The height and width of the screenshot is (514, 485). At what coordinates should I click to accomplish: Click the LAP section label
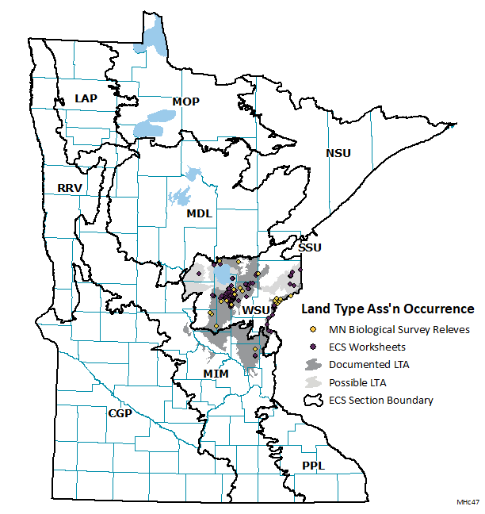click(86, 98)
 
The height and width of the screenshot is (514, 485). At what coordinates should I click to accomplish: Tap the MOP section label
click(185, 102)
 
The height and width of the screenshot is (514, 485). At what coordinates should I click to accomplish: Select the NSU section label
click(338, 153)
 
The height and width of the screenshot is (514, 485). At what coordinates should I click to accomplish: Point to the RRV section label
click(70, 188)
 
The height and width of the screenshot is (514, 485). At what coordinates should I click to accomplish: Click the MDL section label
click(199, 213)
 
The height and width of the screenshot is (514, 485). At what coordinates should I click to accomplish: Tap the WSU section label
click(256, 309)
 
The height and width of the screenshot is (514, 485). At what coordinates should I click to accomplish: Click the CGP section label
click(120, 413)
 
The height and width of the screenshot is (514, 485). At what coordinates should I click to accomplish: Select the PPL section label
click(313, 466)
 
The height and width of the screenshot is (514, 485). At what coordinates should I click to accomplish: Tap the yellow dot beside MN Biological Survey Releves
click(314, 329)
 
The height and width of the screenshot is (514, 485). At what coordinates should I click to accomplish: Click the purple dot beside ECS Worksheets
click(314, 347)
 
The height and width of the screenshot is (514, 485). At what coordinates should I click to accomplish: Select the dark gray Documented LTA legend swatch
click(314, 364)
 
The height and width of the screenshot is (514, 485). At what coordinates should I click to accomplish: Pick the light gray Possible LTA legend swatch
click(314, 382)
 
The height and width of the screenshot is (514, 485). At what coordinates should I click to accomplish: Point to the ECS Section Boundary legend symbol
click(314, 400)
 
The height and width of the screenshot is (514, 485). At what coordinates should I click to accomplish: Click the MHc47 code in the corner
click(468, 503)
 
